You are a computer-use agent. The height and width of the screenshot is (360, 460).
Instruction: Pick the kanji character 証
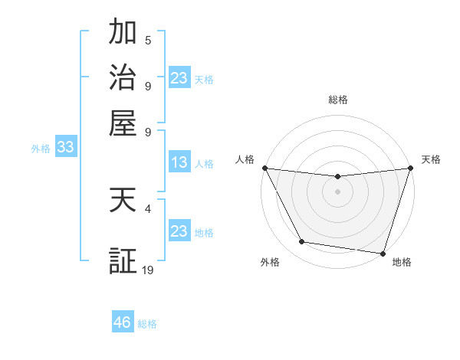pyautogui.click(x=123, y=261)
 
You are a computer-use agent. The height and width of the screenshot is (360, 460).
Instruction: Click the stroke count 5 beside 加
pyautogui.click(x=148, y=41)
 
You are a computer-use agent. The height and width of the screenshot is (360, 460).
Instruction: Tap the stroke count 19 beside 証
pyautogui.click(x=148, y=270)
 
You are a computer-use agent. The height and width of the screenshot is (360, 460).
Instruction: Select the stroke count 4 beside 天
pyautogui.click(x=148, y=208)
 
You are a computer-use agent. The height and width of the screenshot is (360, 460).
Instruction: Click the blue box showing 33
pyautogui.click(x=65, y=148)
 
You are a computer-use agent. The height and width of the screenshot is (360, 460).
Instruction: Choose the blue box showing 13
pyautogui.click(x=179, y=162)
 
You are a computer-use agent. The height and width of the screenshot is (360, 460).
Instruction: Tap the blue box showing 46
pyautogui.click(x=122, y=322)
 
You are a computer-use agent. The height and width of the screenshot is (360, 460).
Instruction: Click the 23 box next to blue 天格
pyautogui.click(x=179, y=78)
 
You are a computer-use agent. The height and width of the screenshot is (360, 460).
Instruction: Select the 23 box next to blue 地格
pyautogui.click(x=179, y=231)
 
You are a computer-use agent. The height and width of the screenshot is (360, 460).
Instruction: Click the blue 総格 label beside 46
pyautogui.click(x=147, y=324)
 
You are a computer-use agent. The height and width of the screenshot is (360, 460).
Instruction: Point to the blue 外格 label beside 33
pyautogui.click(x=41, y=149)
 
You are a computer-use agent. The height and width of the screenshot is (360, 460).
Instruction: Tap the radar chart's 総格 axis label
pyautogui.click(x=337, y=100)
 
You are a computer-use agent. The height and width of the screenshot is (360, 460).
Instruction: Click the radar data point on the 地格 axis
pyautogui.click(x=383, y=253)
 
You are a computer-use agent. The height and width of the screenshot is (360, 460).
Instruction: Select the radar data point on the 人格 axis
pyautogui.click(x=264, y=168)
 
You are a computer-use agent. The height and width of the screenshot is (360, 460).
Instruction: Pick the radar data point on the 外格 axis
pyautogui.click(x=302, y=242)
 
